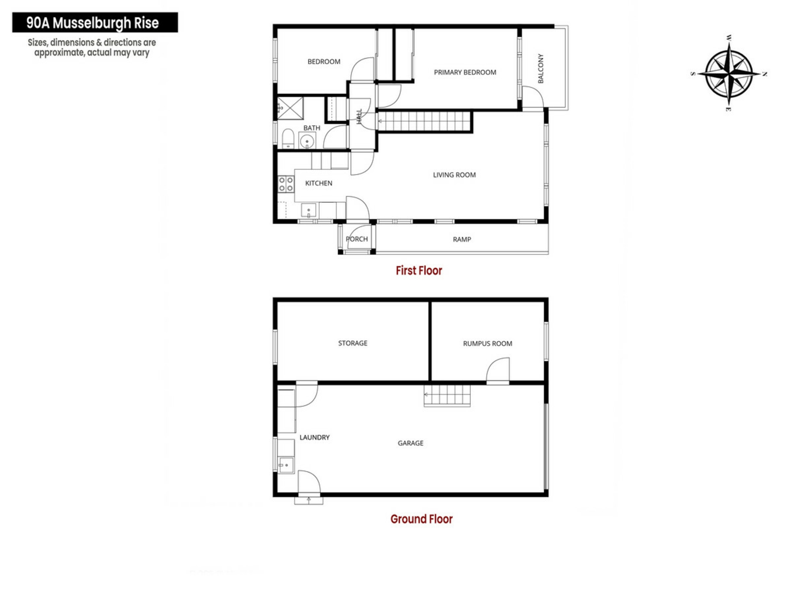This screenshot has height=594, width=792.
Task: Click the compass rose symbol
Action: pyautogui.click(x=729, y=74)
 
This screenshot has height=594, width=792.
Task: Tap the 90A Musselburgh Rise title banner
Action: pyautogui.click(x=95, y=22)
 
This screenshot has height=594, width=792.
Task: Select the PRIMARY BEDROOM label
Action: pyautogui.click(x=465, y=72)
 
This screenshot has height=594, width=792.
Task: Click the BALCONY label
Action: pyautogui.click(x=541, y=68)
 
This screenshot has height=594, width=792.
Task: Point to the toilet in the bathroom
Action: pyautogui.click(x=288, y=139)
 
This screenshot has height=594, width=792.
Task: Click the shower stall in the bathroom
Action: pyautogui.click(x=290, y=108)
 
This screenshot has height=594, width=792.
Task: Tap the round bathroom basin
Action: pyautogui.click(x=307, y=141)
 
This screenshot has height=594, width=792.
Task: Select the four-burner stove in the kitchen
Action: pyautogui.click(x=286, y=184)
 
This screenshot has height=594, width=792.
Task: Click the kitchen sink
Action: pyautogui.click(x=309, y=210)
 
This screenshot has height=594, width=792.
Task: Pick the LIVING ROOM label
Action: pyautogui.click(x=454, y=175)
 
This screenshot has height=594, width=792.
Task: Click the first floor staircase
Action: pyautogui.click(x=424, y=121)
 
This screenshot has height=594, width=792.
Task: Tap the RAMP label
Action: pyautogui.click(x=462, y=239)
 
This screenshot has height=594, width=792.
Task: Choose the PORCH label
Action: pyautogui.click(x=357, y=239)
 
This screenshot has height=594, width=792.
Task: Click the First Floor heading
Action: pyautogui.click(x=419, y=271)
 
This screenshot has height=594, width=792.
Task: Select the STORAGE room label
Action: pyautogui.click(x=353, y=343)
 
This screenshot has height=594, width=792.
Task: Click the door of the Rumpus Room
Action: pyautogui.click(x=498, y=371)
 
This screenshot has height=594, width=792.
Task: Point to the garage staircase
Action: pyautogui.click(x=447, y=396)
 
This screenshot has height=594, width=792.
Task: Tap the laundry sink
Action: pyautogui.click(x=286, y=465)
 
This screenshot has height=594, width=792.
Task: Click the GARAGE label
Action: pyautogui.click(x=410, y=443)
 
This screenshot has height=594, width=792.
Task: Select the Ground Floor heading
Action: pyautogui.click(x=422, y=519)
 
